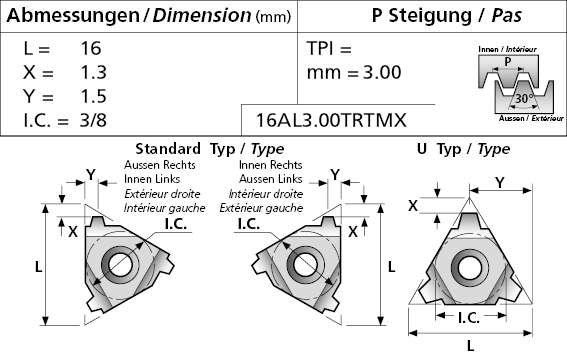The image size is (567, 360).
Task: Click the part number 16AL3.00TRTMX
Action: coord(331,120)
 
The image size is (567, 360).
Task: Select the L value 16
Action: coord(91,48)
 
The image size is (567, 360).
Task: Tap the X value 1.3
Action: coord(93,72)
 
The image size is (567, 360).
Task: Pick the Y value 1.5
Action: coord(93,96)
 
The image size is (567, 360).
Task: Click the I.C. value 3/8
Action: coord(93,120)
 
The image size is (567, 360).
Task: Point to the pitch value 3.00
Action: coord(382,72)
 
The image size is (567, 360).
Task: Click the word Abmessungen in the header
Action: coord(73,16)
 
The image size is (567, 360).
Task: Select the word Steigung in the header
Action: coord(430,16)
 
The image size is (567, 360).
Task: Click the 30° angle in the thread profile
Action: coord(524,98)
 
